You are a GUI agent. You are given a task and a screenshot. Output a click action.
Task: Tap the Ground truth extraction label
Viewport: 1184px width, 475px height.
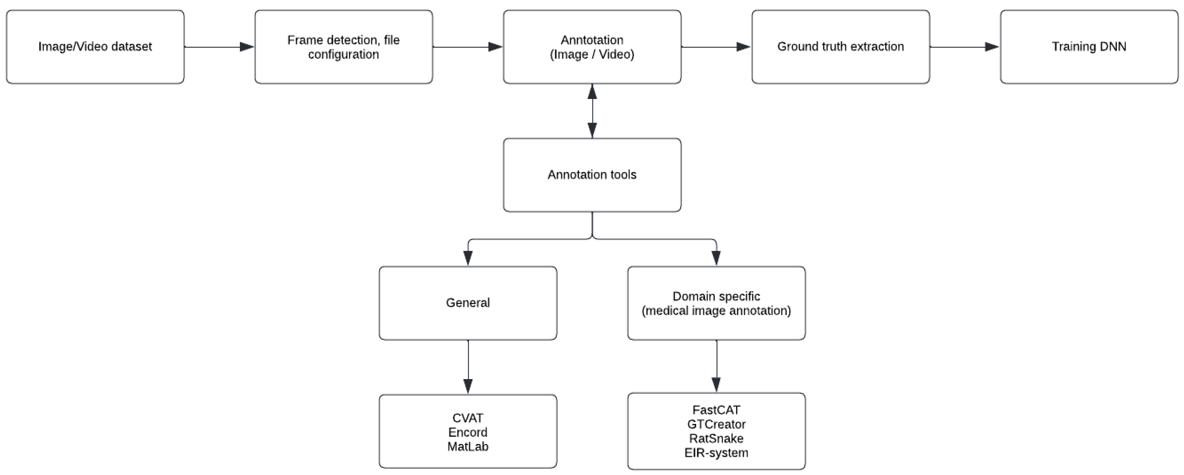click(840, 46)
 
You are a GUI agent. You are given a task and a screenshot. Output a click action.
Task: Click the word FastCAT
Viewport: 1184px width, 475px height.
click(716, 410)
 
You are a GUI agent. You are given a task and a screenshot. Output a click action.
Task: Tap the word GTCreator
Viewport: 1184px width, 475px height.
click(716, 424)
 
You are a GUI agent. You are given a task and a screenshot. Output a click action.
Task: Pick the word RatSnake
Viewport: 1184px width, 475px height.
click(716, 438)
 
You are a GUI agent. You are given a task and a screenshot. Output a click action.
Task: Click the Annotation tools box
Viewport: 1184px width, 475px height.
click(592, 175)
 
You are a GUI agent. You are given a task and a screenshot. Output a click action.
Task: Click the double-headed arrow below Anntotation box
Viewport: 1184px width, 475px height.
click(592, 111)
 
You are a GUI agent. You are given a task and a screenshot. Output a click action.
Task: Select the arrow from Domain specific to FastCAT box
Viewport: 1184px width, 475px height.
click(716, 366)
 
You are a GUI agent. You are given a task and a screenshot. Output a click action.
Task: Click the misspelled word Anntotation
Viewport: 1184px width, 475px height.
click(592, 40)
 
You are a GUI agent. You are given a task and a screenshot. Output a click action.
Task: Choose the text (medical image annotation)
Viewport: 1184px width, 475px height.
click(716, 311)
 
